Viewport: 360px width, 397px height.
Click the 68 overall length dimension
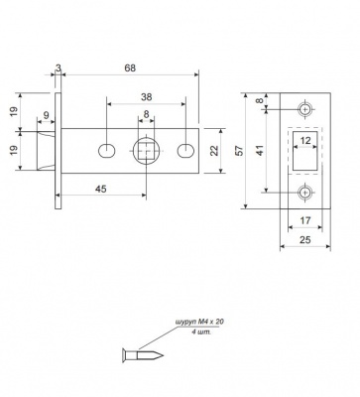click(x=131, y=67)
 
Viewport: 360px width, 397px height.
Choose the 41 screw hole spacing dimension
click(x=261, y=149)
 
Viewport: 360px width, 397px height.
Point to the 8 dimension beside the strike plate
click(x=261, y=101)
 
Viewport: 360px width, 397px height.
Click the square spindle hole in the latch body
click(x=146, y=151)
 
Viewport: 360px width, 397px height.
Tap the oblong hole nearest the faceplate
click(x=106, y=151)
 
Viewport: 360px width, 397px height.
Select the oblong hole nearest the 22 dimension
click(x=184, y=151)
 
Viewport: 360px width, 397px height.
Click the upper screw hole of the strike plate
click(x=305, y=108)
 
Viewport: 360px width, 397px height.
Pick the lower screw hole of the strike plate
click(x=305, y=193)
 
